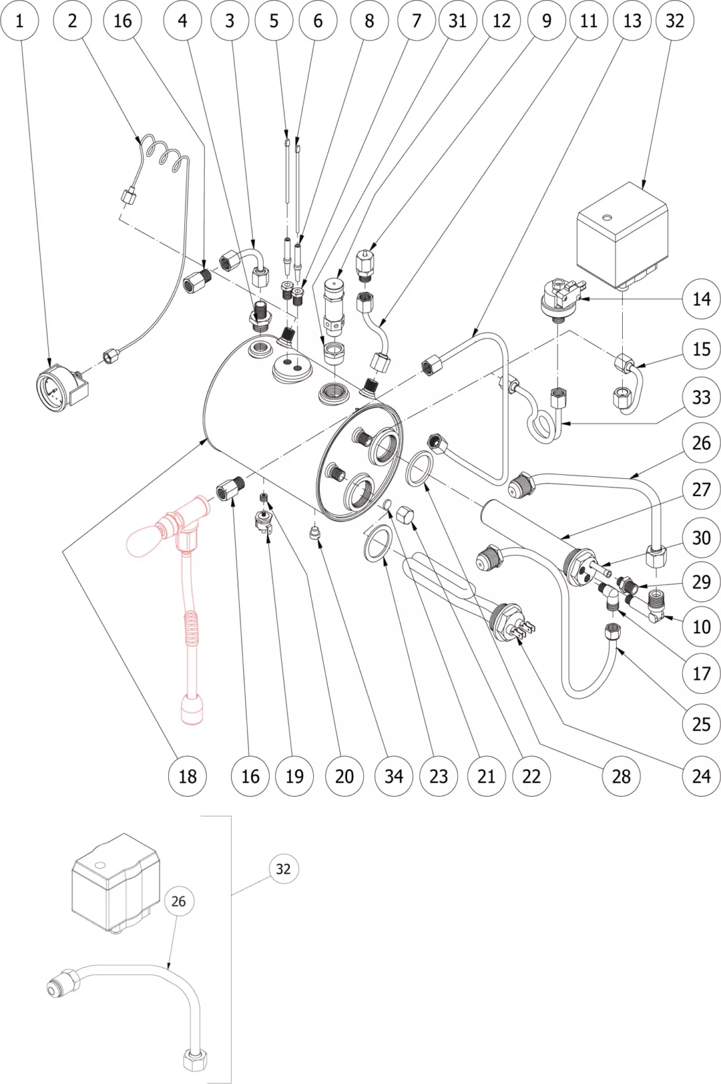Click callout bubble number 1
point(19,20)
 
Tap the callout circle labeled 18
point(187,776)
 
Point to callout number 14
point(701,299)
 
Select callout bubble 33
point(701,397)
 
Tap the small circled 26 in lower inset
point(178,901)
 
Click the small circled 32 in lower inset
point(283,869)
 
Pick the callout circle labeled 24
point(701,776)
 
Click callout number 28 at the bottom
point(621,776)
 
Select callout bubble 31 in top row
point(457,20)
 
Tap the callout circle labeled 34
point(394,776)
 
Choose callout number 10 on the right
point(701,627)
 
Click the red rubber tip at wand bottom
point(190,711)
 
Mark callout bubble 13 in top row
point(632,20)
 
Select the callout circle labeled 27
point(701,489)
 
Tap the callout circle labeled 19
point(294,776)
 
